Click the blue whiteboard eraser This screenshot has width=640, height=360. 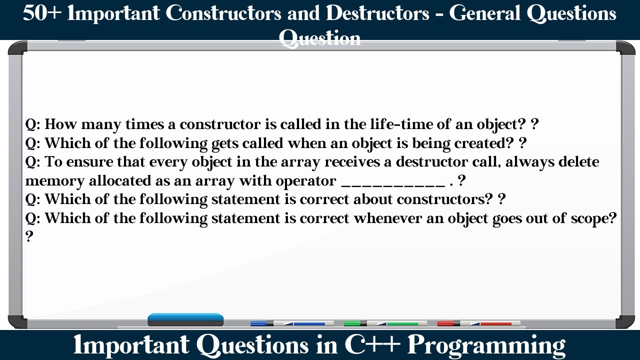[x=185, y=319]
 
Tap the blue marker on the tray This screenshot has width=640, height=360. [x=292, y=323]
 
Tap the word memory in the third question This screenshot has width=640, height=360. [x=54, y=181]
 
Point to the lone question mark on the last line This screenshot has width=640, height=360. [x=29, y=236]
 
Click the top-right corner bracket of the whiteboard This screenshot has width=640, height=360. [x=625, y=48]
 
